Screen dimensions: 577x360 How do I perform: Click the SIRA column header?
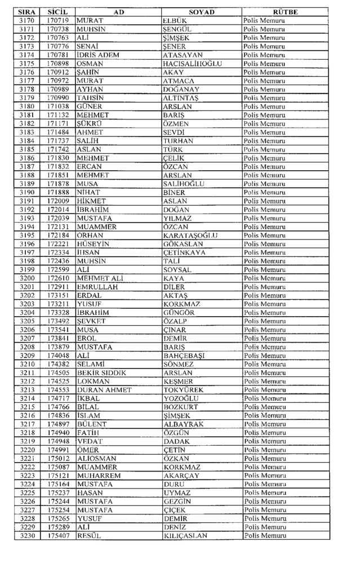[x=26, y=12]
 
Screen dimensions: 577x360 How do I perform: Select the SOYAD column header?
[x=201, y=12]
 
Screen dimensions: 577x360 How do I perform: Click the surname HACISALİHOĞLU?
[x=192, y=64]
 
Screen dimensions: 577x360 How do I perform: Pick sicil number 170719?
[x=58, y=20]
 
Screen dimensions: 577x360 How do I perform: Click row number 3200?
[x=26, y=278]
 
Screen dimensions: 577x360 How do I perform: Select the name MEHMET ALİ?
[x=99, y=278]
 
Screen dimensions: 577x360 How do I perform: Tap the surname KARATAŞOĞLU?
[x=190, y=236]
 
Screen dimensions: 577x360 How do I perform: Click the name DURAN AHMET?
[x=104, y=390]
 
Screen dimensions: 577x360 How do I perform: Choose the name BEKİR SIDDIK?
[x=101, y=373]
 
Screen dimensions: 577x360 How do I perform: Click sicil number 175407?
[x=58, y=536]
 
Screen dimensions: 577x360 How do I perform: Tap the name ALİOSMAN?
[x=97, y=459]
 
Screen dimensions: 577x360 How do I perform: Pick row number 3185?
[x=26, y=149]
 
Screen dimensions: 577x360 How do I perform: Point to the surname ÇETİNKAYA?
[x=185, y=252]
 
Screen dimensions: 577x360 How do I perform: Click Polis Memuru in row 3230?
[x=264, y=536]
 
